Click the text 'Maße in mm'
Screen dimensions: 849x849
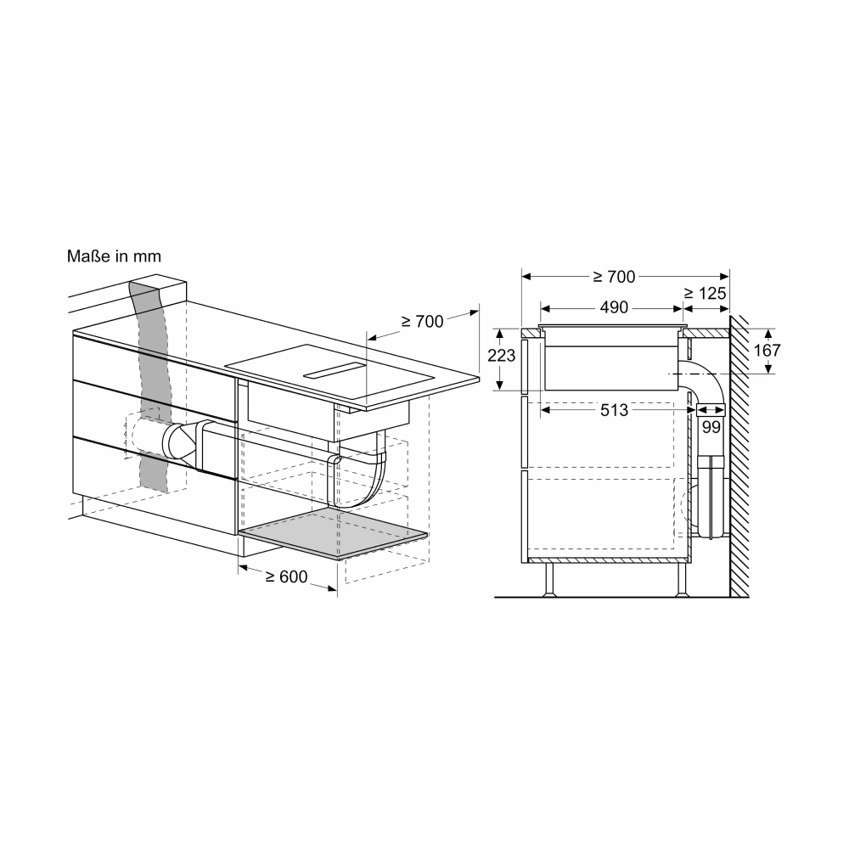click(114, 256)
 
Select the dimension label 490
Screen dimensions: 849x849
click(614, 307)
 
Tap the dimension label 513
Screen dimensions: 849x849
click(614, 410)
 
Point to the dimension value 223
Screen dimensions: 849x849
click(502, 355)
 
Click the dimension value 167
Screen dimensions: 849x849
click(767, 351)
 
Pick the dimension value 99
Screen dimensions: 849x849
click(711, 427)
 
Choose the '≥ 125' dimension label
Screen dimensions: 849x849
click(705, 294)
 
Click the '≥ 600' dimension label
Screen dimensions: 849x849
click(286, 576)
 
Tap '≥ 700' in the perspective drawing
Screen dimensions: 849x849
click(422, 322)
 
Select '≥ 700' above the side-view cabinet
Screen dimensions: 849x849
click(614, 277)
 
